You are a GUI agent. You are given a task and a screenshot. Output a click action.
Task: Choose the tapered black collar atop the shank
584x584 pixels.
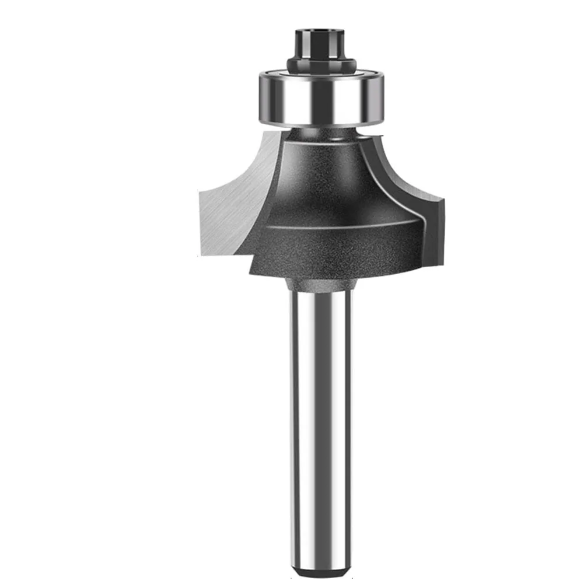[321, 284]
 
